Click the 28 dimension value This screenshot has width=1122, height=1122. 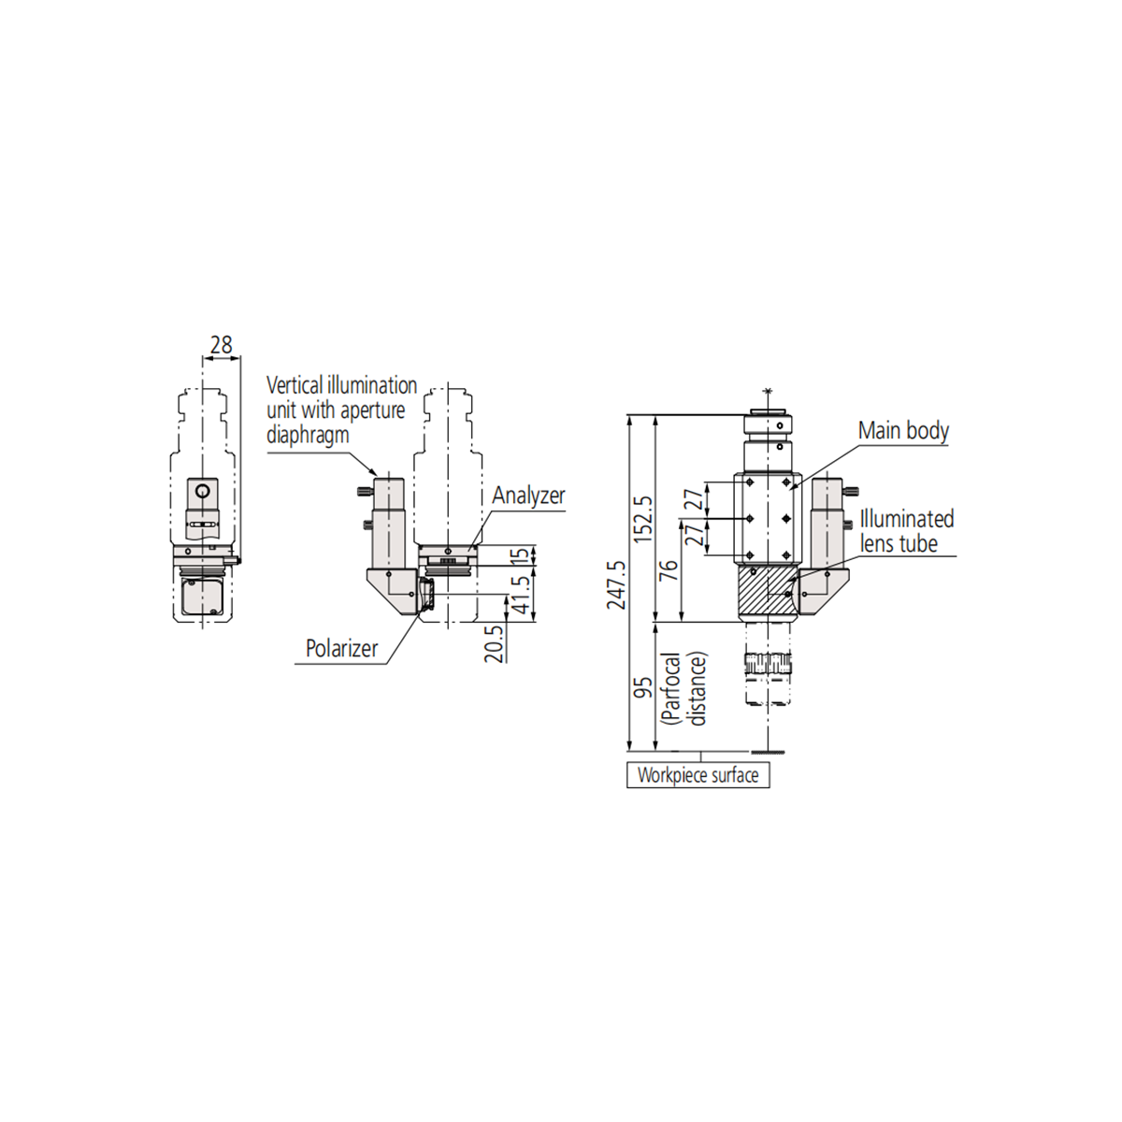[222, 345]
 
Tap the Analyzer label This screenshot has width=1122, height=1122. [528, 496]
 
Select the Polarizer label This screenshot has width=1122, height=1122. [342, 648]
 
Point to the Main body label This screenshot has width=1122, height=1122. [903, 430]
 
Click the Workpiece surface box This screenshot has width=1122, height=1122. [698, 775]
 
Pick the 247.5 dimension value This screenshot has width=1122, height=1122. [616, 585]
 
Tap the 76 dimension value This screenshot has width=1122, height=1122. [670, 570]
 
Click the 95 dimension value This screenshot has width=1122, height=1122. [643, 688]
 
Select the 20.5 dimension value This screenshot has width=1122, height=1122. [494, 643]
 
